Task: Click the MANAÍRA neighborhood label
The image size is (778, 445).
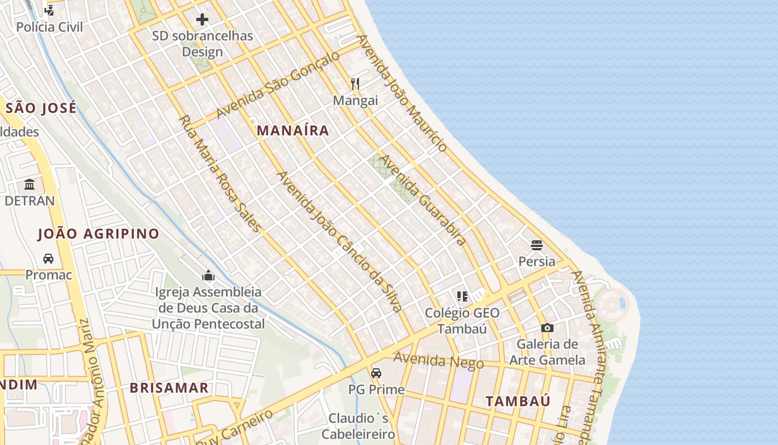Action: (292, 131)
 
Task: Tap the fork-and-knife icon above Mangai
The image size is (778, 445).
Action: (355, 84)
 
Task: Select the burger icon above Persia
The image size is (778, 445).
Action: (536, 245)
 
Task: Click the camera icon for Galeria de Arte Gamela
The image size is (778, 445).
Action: (547, 328)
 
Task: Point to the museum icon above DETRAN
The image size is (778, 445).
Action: (29, 184)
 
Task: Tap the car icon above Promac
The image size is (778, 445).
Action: (48, 259)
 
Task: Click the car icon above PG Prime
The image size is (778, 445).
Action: (376, 373)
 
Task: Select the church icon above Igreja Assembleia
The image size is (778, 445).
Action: (208, 275)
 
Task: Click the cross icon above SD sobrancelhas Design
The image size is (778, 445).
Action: (202, 20)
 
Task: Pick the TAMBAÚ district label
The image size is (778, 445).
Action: (518, 401)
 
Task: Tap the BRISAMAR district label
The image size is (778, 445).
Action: (169, 388)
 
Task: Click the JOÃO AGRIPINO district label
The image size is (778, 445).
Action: (98, 234)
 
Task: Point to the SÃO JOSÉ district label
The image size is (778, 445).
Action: (41, 108)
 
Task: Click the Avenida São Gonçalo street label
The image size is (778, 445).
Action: (277, 85)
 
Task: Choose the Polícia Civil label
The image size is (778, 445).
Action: (49, 27)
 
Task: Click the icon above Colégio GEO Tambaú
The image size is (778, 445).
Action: (462, 296)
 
